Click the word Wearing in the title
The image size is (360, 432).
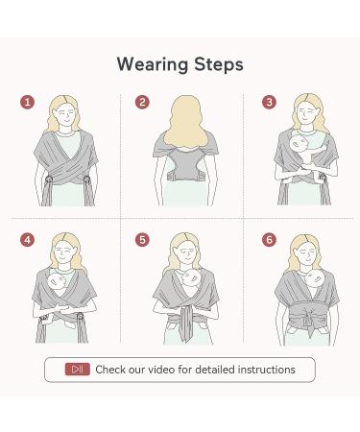150,64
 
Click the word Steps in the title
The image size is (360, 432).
217,64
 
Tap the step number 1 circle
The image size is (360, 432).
28,103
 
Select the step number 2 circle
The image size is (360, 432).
143,103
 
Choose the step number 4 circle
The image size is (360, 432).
28,239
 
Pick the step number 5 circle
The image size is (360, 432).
143,239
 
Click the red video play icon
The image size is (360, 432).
78,369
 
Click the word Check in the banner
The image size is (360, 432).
111,369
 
